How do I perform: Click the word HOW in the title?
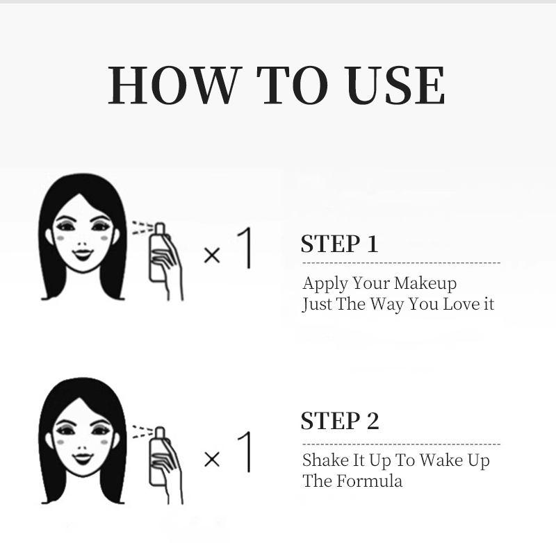point(172,85)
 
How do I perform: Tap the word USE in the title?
point(395,85)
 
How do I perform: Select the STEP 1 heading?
point(339,244)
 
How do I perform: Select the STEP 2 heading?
point(340,421)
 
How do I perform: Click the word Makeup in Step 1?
point(425,284)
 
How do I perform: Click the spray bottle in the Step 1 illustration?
point(158,253)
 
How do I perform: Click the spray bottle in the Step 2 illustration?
point(158,456)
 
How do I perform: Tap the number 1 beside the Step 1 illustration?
point(245,248)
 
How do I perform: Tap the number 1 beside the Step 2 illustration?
point(245,451)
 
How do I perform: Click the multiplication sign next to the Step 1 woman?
point(212,255)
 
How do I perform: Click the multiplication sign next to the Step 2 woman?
point(212,460)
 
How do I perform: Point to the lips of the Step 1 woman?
point(83,254)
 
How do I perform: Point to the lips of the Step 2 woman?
point(83,458)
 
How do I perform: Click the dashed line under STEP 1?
point(402,263)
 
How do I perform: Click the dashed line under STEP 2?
point(402,444)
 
